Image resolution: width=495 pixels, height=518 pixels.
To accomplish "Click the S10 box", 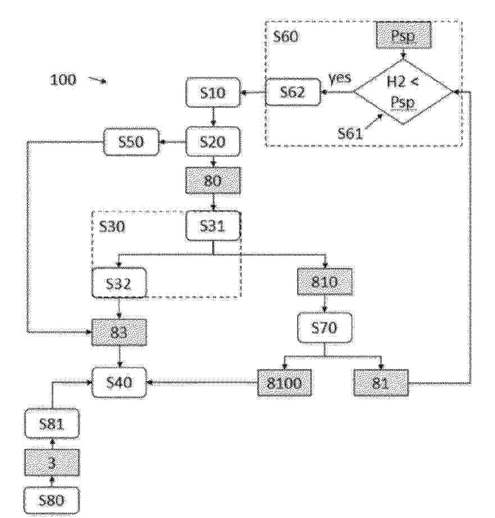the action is click(x=213, y=93).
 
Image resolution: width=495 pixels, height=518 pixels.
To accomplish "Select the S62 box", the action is click(x=293, y=92).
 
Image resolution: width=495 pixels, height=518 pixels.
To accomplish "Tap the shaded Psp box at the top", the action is click(x=404, y=35).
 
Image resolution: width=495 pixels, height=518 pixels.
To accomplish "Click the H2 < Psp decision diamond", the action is click(x=403, y=92).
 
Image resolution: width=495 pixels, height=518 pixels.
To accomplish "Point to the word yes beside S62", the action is click(x=340, y=79).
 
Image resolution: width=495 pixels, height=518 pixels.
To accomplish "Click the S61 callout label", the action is click(x=350, y=134).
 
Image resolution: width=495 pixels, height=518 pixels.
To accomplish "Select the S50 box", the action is click(x=131, y=142).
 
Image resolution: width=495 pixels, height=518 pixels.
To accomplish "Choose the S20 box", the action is click(x=213, y=142).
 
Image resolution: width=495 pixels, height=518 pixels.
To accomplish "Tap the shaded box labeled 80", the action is click(x=213, y=180).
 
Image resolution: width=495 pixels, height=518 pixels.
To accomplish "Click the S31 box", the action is click(x=213, y=226).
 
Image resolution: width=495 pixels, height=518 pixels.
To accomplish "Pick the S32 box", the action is click(x=119, y=284).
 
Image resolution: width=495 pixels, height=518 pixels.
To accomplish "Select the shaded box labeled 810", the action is click(x=324, y=282).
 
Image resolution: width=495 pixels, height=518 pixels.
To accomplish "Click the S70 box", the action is click(x=324, y=328).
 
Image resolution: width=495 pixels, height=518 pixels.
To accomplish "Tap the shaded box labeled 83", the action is click(x=119, y=333).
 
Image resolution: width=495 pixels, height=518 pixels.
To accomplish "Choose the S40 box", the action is click(x=119, y=383).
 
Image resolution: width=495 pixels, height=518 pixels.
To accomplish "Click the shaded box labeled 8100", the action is click(x=284, y=383).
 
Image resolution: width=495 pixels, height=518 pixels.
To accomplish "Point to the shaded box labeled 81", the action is click(x=381, y=383).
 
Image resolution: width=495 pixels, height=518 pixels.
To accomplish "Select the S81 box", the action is click(x=52, y=424).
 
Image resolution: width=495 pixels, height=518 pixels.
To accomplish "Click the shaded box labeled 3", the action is click(x=52, y=463).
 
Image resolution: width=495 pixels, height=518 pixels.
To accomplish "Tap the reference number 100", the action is click(x=63, y=80).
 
